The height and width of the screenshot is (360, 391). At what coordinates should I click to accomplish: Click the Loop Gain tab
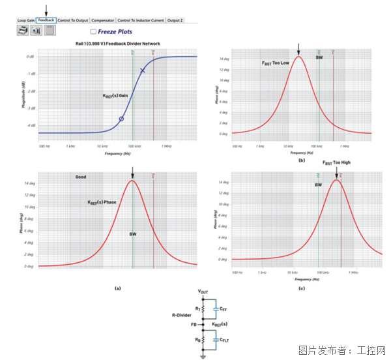pyautogui.click(x=26, y=20)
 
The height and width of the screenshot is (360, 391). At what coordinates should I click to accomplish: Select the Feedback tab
pyautogui.click(x=46, y=20)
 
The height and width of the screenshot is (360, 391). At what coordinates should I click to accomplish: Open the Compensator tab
pyautogui.click(x=103, y=20)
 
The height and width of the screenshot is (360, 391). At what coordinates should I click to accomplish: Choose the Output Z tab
pyautogui.click(x=175, y=20)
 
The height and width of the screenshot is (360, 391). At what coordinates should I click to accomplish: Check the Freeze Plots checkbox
pyautogui.click(x=94, y=31)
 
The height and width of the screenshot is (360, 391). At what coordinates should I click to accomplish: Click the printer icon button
pyautogui.click(x=23, y=31)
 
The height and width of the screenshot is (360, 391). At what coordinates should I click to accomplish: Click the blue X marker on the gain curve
pyautogui.click(x=143, y=70)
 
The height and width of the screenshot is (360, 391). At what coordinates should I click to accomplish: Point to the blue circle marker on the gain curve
pyautogui.click(x=121, y=119)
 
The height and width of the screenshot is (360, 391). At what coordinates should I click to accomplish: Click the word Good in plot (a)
pyautogui.click(x=80, y=177)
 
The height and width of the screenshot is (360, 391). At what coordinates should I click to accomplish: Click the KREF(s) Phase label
pyautogui.click(x=102, y=203)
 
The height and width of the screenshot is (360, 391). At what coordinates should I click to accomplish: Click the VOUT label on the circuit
pyautogui.click(x=203, y=291)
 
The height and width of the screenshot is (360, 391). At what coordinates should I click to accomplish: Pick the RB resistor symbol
pyautogui.click(x=203, y=340)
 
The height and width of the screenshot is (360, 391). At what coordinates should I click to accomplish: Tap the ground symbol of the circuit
pyautogui.click(x=203, y=355)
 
